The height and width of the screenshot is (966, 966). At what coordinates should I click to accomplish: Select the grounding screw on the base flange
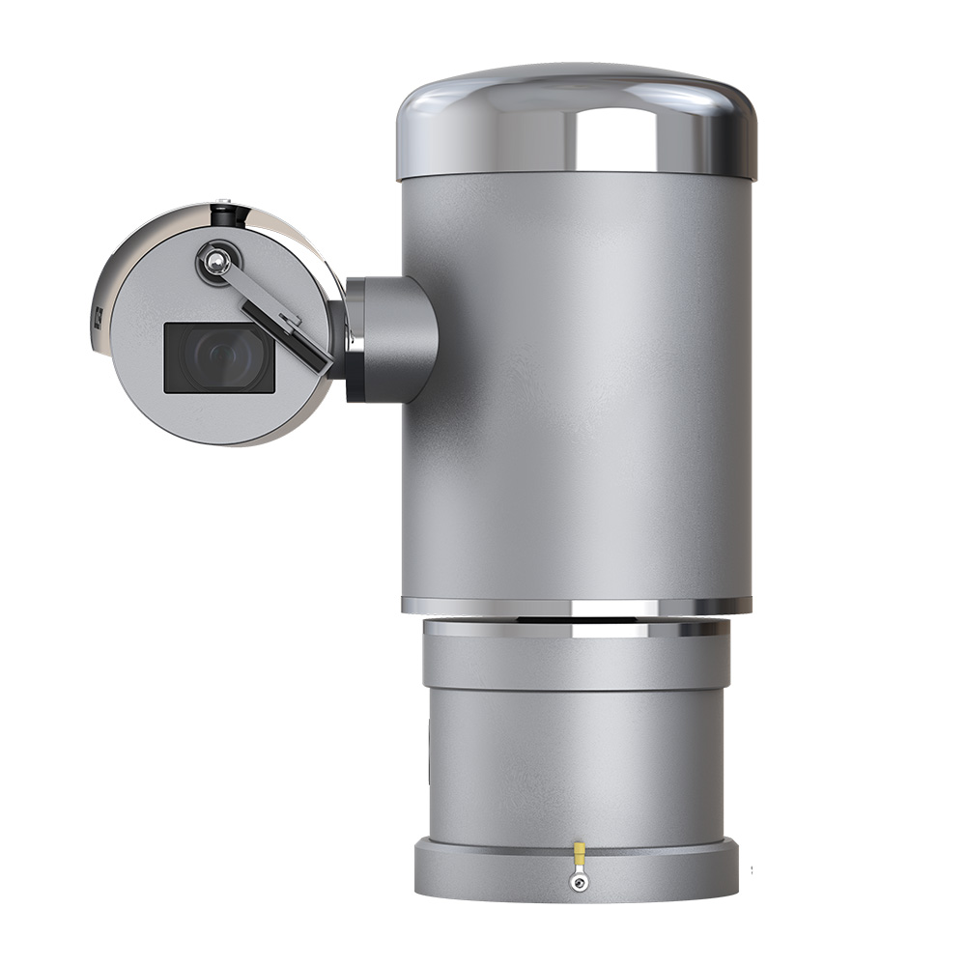[579, 880]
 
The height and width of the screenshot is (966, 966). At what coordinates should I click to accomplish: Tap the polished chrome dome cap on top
[577, 121]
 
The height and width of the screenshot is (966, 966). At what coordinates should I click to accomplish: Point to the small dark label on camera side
[100, 320]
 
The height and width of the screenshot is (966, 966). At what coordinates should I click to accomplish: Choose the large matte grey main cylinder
[577, 386]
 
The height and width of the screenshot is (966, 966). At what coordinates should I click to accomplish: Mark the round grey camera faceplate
[155, 396]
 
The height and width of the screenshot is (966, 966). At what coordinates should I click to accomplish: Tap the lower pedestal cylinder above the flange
[577, 763]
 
